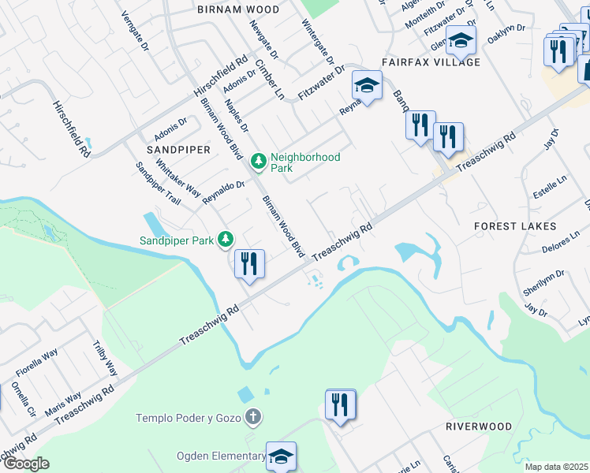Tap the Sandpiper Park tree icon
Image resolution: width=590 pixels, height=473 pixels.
click(x=226, y=238)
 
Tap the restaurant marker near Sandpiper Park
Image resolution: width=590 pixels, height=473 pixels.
click(x=249, y=264)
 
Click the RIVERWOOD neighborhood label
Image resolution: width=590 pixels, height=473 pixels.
click(x=479, y=426)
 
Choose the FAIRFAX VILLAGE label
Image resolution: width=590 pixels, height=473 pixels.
click(x=430, y=61)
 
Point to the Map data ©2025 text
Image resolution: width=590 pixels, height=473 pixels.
click(x=556, y=467)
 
